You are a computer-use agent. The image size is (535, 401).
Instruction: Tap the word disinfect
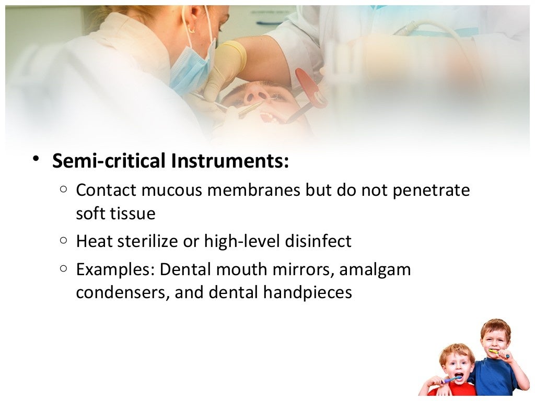pyautogui.click(x=319, y=241)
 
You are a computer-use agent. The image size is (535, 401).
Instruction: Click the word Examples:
pyautogui.click(x=115, y=270)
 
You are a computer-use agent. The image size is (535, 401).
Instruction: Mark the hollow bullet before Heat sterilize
pyautogui.click(x=63, y=241)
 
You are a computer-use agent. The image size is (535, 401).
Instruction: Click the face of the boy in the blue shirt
pyautogui.click(x=494, y=339)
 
